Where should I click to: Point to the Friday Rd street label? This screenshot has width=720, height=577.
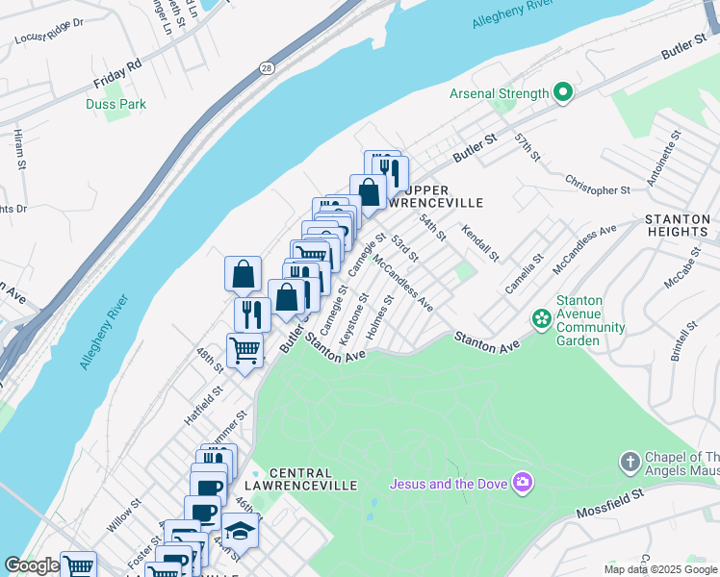[x=116, y=64]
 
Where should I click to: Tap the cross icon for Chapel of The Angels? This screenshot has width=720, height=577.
[x=630, y=462]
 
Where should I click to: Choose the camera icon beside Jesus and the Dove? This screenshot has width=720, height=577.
[x=523, y=482]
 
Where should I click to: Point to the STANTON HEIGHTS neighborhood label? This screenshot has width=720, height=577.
[x=677, y=225]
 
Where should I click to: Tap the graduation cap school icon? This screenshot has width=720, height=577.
[x=240, y=530]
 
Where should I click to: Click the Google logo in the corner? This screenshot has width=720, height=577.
[x=32, y=565]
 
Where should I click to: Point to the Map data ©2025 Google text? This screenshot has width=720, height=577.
[x=660, y=569]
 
